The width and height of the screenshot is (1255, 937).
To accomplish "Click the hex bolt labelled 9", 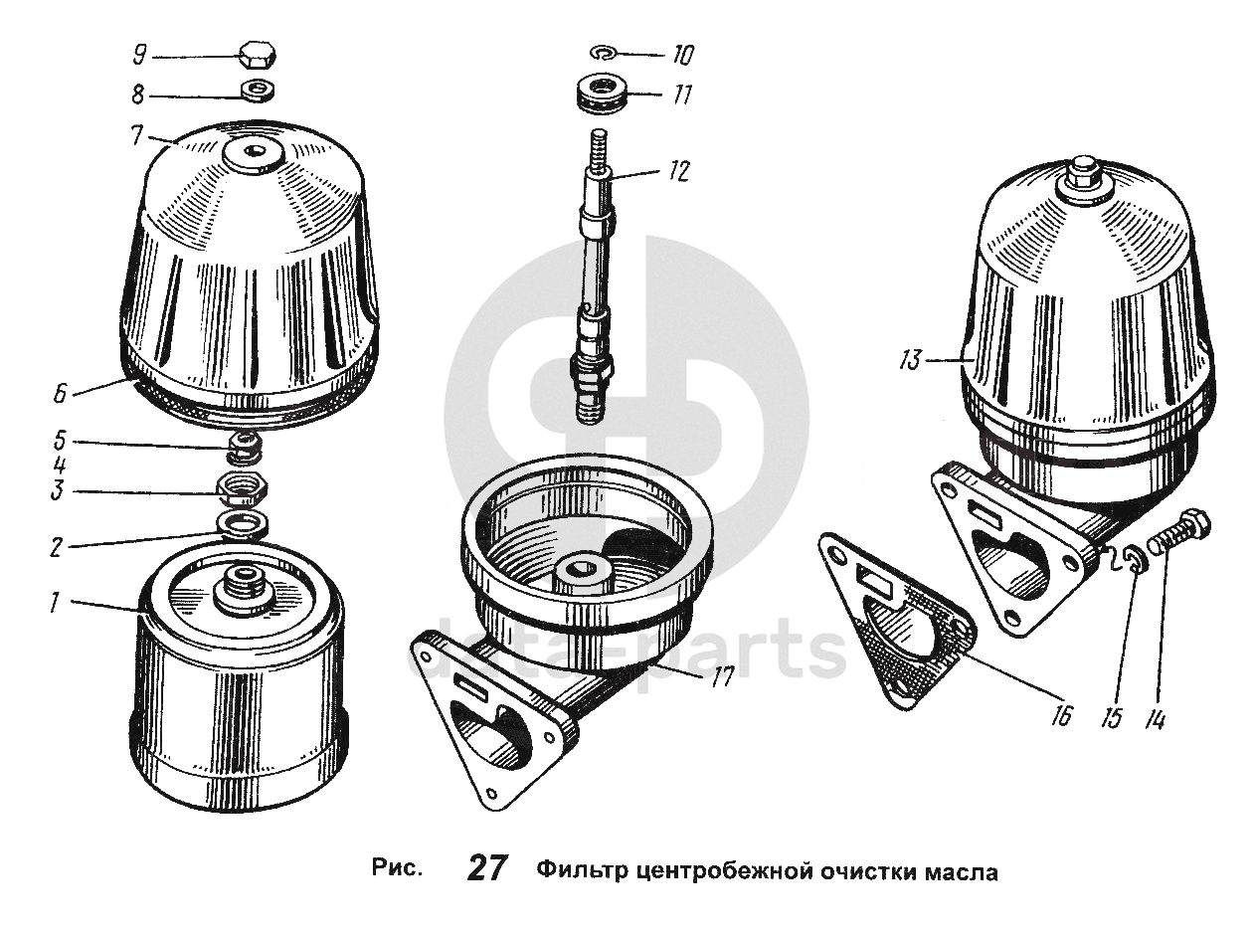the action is [257, 56].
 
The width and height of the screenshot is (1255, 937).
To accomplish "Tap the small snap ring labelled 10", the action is [602, 53].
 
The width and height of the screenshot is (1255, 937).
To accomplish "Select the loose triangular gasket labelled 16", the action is [895, 619].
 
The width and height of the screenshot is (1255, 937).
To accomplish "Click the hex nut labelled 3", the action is [243, 490].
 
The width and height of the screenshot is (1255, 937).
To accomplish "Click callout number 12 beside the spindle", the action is [677, 170].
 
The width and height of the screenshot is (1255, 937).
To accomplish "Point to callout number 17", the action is [722, 678].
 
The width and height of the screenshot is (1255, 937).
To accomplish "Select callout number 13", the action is [910, 360].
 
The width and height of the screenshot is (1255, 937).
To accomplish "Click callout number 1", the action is [55, 603].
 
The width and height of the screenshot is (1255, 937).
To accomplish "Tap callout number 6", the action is [60, 393].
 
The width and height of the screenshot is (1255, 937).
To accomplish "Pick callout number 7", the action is [136, 135].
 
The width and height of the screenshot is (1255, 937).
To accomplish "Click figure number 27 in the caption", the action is [487, 867].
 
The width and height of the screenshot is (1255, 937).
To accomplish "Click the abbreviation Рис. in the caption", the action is [398, 867].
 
